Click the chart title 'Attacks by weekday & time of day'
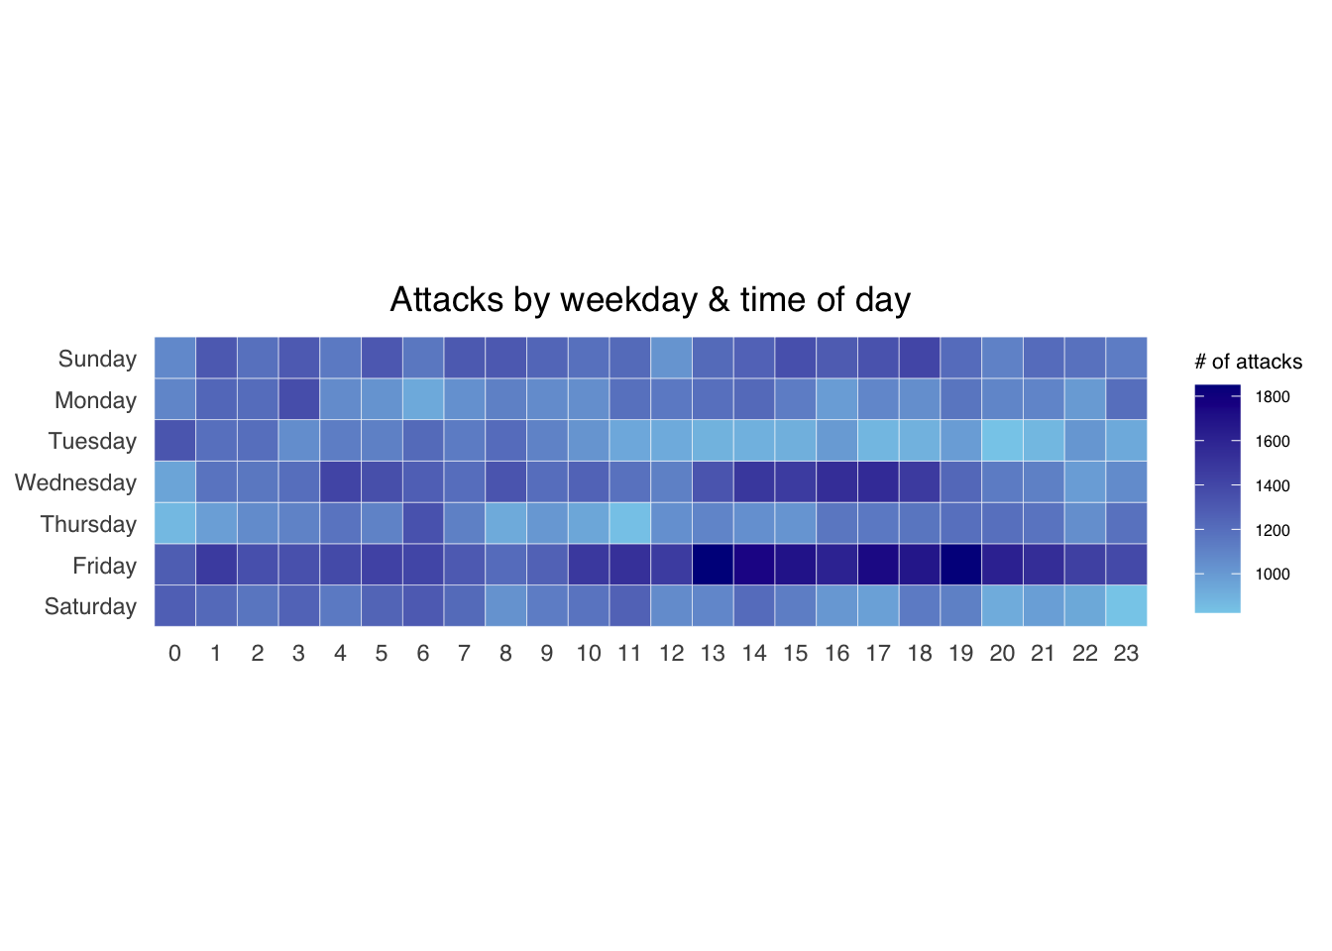(650, 299)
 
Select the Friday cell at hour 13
(713, 565)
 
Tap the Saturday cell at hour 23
(1126, 606)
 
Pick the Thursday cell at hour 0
(174, 523)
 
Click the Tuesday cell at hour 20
(1002, 441)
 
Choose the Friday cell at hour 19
(960, 565)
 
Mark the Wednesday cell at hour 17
(878, 482)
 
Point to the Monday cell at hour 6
(423, 399)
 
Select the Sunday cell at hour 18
(920, 358)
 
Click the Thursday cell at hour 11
(629, 523)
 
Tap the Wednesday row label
(75, 482)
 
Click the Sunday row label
(97, 359)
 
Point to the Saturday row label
(90, 606)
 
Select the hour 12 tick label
(671, 653)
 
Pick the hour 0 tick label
(174, 653)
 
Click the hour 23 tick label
(1126, 653)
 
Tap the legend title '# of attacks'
(1248, 362)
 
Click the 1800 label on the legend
(1273, 397)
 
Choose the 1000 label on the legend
(1273, 575)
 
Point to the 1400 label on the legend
(1273, 486)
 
